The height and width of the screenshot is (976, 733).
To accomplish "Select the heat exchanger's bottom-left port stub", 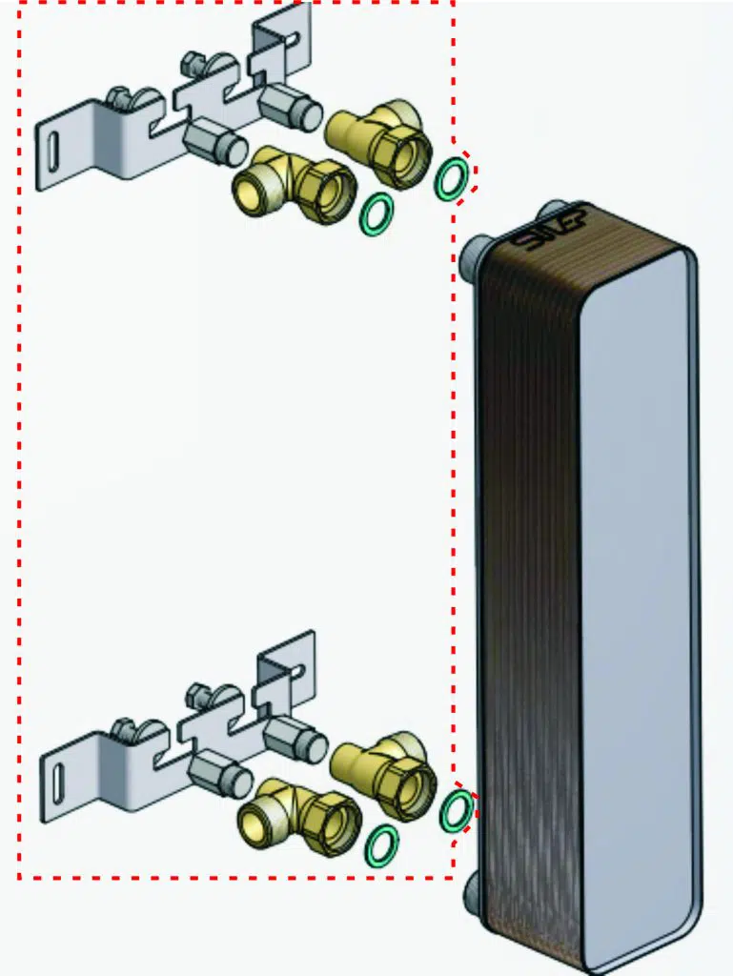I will [x=474, y=897].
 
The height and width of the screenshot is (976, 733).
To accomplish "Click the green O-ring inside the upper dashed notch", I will [x=451, y=179].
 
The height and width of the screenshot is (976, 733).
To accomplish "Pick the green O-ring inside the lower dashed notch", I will [x=457, y=811].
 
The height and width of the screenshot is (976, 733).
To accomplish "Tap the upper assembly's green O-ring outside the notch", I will [x=377, y=214].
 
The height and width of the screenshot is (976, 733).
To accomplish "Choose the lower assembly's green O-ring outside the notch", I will [x=382, y=845].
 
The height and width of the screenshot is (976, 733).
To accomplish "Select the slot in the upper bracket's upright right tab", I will [x=295, y=43].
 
